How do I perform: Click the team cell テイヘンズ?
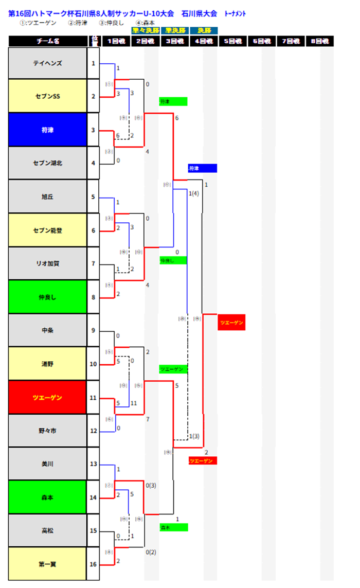pyautogui.click(x=48, y=63)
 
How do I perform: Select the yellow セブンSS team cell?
pyautogui.click(x=48, y=96)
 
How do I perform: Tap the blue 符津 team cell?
pyautogui.click(x=48, y=130)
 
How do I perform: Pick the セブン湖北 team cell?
pyautogui.click(x=48, y=163)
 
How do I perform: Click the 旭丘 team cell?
pyautogui.click(x=48, y=197)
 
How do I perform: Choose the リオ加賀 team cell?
pyautogui.click(x=48, y=264)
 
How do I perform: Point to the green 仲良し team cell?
pyautogui.click(x=48, y=297)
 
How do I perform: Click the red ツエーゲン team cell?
pyautogui.click(x=48, y=397)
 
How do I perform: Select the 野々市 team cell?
pyautogui.click(x=48, y=431)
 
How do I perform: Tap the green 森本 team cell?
pyautogui.click(x=48, y=497)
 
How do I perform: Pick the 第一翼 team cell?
pyautogui.click(x=48, y=564)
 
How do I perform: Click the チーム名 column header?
pyautogui.click(x=48, y=41)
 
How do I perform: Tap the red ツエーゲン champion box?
pyautogui.click(x=231, y=322)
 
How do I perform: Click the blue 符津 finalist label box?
pyautogui.click(x=203, y=168)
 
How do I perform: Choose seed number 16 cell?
pyautogui.click(x=93, y=564)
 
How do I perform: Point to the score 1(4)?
pyautogui.click(x=194, y=193)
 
